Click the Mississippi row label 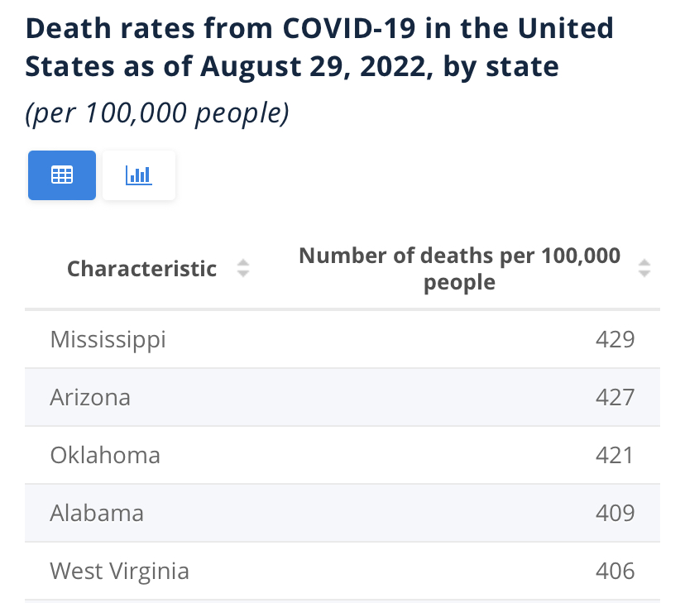(x=108, y=339)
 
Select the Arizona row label (x=90, y=397)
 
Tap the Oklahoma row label (x=105, y=455)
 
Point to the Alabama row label (x=97, y=513)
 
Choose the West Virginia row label (x=119, y=571)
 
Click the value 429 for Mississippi (x=615, y=339)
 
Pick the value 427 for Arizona (x=615, y=397)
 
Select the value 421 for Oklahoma (x=615, y=455)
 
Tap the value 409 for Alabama (x=615, y=513)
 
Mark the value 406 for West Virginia (x=615, y=571)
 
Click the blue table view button (x=62, y=175)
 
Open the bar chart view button (x=138, y=175)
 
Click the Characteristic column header (x=141, y=269)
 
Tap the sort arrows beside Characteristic (x=242, y=269)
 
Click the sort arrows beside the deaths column (x=644, y=269)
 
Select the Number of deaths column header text (x=459, y=269)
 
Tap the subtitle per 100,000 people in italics (x=157, y=113)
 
